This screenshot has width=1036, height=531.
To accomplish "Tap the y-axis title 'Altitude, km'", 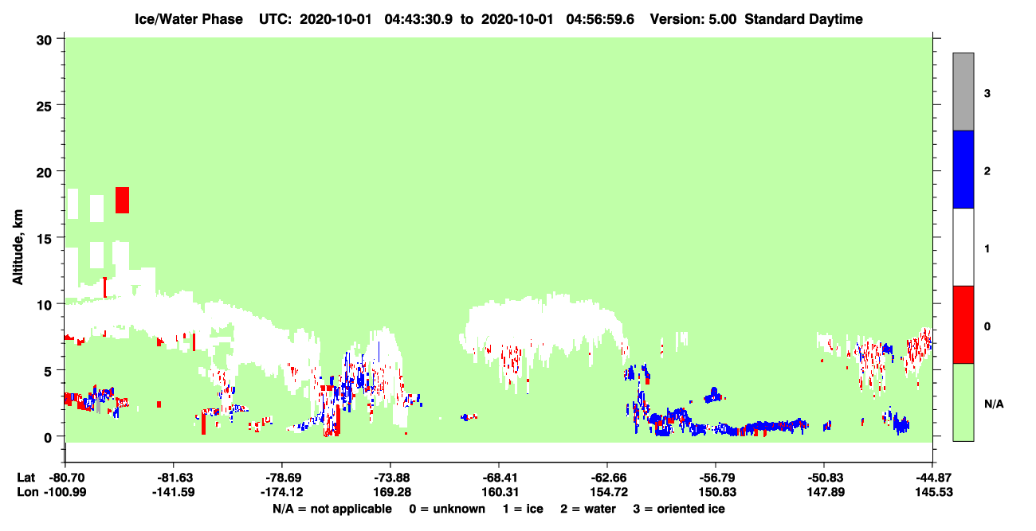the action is [x=18, y=248].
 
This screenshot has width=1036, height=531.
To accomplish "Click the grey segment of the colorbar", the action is [x=963, y=92].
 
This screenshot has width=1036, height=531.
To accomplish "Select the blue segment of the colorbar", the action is [x=963, y=169].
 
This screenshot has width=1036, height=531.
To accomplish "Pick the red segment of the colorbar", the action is [x=963, y=325].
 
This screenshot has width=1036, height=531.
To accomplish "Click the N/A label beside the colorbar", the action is [x=994, y=404].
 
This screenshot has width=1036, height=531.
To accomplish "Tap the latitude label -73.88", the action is [x=392, y=478].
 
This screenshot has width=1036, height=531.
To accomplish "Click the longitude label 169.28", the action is [x=392, y=492].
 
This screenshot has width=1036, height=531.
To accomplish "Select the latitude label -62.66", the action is [x=609, y=478].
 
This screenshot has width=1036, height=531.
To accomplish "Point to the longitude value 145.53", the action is [x=934, y=492].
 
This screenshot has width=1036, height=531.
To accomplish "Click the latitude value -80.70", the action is [x=67, y=478].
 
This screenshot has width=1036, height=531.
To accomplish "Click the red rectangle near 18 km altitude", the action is [x=122, y=200].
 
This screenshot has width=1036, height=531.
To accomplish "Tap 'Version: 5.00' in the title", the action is [x=693, y=19].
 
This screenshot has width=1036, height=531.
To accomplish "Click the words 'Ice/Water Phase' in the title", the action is [x=189, y=19].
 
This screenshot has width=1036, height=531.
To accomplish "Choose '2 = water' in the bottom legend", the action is [x=588, y=509].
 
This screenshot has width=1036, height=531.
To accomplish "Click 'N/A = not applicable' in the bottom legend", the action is [x=332, y=509].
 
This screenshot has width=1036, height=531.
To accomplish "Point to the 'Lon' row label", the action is [x=27, y=492].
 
